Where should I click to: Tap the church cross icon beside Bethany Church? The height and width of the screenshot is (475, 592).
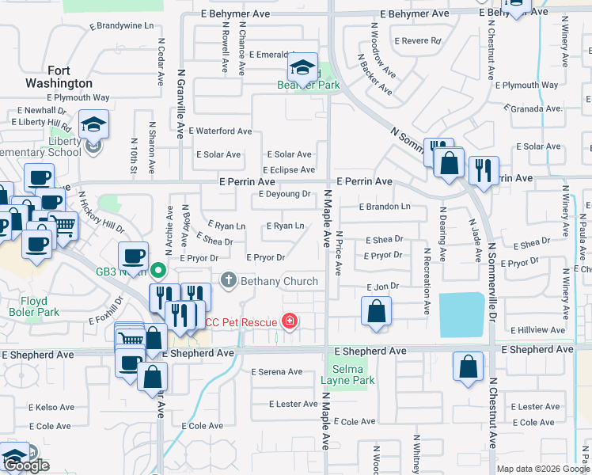point(229,279)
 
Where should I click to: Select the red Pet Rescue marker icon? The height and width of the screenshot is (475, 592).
point(290,321)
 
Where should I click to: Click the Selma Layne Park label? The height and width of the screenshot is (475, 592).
point(347,374)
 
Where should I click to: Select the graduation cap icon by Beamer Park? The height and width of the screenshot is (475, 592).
point(302,68)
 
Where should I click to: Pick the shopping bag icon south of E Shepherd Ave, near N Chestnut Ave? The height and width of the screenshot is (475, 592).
point(468,367)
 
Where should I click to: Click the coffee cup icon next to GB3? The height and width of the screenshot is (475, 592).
point(133,257)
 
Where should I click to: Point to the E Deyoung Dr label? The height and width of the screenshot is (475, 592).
point(284,194)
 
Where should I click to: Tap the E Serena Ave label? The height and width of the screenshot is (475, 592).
point(277,372)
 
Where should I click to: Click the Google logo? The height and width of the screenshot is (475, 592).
point(27,466)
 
